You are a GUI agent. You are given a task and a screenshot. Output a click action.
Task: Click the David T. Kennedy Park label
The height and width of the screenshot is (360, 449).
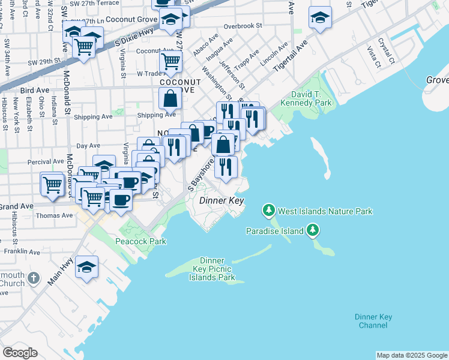click(311, 99)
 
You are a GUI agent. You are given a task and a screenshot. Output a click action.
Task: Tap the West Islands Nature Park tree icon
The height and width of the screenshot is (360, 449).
click(268, 211)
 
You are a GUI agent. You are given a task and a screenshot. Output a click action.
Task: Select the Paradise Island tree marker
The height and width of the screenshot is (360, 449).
click(312, 230)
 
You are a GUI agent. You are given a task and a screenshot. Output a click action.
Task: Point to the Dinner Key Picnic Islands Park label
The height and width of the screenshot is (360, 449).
click(212, 269)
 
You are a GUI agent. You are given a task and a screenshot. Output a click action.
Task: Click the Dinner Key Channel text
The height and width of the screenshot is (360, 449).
click(373, 321)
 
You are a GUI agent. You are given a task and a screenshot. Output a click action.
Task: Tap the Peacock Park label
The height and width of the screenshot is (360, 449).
click(141, 241)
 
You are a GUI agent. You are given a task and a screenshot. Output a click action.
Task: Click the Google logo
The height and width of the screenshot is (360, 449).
click(20, 353)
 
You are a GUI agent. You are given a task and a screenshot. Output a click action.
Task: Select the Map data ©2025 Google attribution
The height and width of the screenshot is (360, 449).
click(412, 355)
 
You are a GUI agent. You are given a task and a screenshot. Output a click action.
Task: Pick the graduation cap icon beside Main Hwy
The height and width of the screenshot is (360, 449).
click(87, 267)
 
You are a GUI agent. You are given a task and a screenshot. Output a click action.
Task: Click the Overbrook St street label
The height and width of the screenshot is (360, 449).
click(243, 26)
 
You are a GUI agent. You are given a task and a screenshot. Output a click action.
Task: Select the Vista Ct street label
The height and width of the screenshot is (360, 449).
click(375, 56)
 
